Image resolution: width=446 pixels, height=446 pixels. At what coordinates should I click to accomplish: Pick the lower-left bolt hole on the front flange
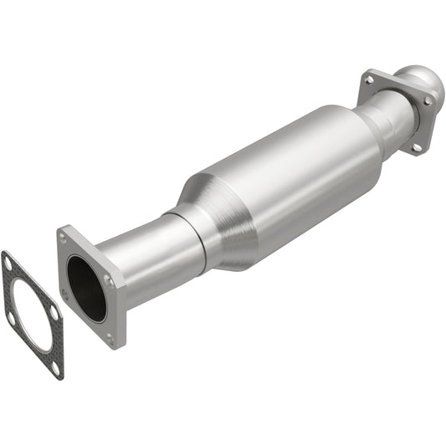[x=65, y=293]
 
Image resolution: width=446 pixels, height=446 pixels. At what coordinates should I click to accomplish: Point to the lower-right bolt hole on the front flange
[x=110, y=339]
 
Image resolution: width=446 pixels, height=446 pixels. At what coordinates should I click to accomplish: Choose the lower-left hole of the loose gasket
[x=12, y=319]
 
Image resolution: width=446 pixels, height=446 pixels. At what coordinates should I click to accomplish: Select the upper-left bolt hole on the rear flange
[x=369, y=79]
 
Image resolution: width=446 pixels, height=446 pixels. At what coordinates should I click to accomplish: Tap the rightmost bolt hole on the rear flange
[x=429, y=101]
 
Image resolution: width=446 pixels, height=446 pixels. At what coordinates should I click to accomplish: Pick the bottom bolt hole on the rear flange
[x=415, y=147]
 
